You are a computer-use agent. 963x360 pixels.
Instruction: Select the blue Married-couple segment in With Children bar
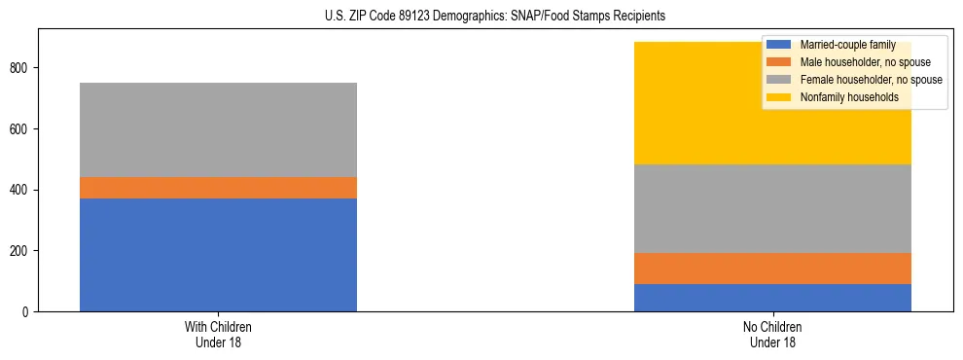tap(218, 255)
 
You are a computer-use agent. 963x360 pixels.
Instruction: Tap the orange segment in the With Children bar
tap(218, 188)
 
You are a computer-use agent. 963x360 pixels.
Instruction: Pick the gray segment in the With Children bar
tap(218, 129)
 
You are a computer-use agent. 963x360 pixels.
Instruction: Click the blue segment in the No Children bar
tap(772, 298)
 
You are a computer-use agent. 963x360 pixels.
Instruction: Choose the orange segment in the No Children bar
tap(772, 269)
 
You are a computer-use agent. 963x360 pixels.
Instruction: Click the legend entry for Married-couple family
tap(845, 45)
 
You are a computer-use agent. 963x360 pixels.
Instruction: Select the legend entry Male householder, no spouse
tap(857, 62)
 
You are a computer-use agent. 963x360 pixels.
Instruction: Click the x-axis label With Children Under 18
tap(218, 334)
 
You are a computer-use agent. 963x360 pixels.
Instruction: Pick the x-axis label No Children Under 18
tap(772, 334)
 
